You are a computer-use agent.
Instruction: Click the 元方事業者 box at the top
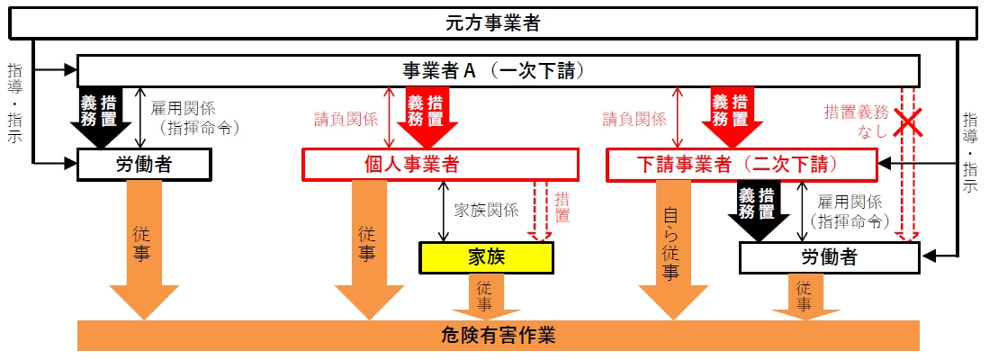coord(493,22)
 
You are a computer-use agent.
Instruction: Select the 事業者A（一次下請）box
coord(498,71)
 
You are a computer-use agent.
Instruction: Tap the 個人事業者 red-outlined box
coord(439,165)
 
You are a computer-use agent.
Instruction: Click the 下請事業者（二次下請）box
coord(742,165)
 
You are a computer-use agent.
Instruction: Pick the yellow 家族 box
coord(485,256)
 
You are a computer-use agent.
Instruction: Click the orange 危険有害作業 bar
coord(499,336)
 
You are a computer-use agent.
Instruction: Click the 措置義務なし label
coord(855,121)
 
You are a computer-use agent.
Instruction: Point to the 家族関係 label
coord(486,210)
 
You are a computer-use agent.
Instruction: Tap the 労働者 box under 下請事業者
coord(829,257)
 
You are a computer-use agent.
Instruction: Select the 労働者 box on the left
coord(144,165)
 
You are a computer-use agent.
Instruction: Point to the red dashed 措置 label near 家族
coord(562,207)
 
